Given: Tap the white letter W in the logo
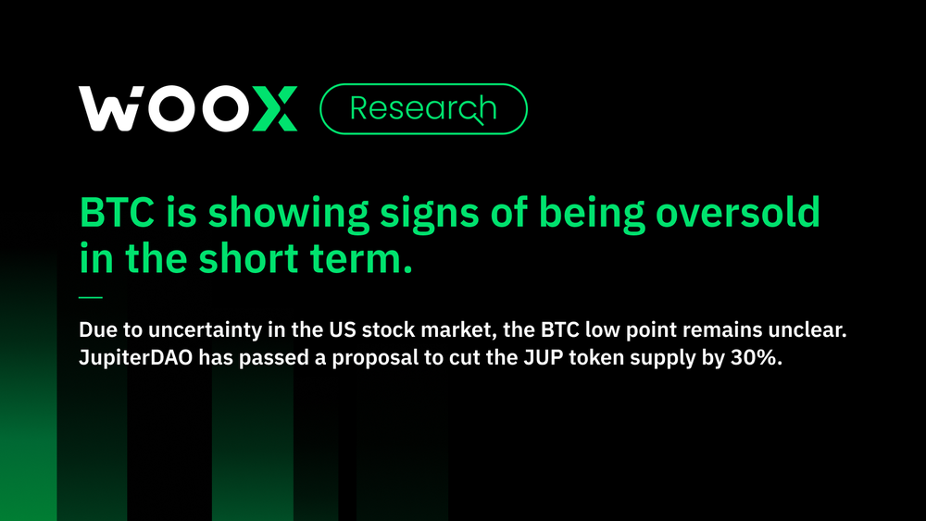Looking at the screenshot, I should coord(109,108).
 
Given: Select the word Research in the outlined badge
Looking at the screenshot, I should coord(423,109).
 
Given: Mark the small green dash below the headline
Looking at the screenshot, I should coord(91,298).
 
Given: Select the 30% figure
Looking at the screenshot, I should coord(760,358).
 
